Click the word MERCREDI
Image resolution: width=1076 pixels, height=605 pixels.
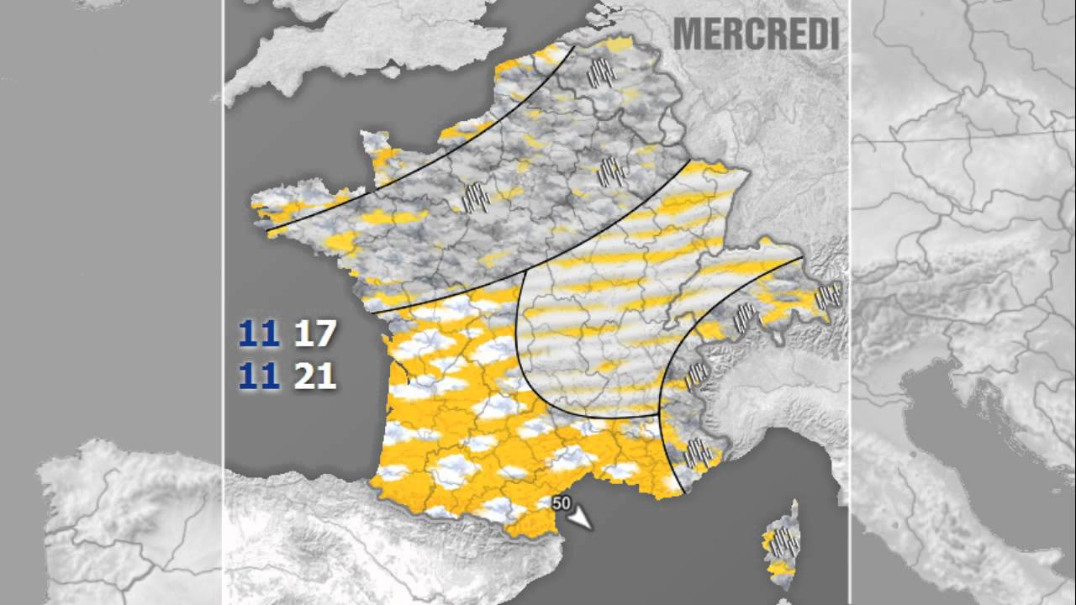point(756,34)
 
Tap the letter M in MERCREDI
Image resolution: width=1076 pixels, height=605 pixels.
point(688,34)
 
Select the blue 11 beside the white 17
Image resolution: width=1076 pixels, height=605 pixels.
point(259,334)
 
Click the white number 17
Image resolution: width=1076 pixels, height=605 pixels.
point(314,334)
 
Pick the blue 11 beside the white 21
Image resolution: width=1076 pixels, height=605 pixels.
point(259,376)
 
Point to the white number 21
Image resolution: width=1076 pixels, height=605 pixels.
point(315,376)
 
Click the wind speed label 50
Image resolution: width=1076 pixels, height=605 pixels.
point(562,504)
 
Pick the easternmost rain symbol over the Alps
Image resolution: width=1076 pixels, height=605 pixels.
point(828,295)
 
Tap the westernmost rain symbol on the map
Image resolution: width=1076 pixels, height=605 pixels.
point(476,197)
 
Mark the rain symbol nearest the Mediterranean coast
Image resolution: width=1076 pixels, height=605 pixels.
point(697,453)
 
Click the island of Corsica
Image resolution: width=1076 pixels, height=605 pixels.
point(783,546)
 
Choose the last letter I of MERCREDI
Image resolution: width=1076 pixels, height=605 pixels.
point(833,34)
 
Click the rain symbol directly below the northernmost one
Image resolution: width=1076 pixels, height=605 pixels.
point(612,172)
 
